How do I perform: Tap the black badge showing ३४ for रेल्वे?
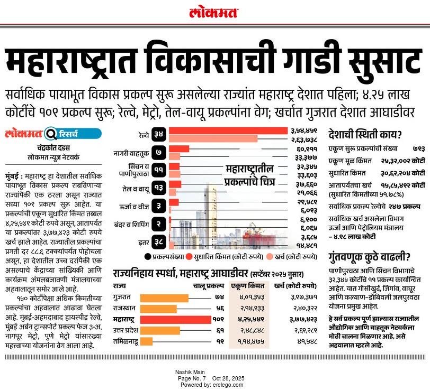(x=159, y=134)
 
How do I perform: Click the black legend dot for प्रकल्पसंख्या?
(x=147, y=257)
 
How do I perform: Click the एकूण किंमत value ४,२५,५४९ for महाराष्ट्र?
(x=248, y=320)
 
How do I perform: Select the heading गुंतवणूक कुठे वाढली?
(x=364, y=258)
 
